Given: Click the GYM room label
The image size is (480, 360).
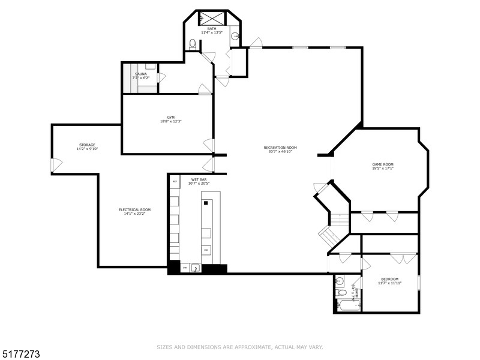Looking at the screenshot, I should tap(170, 117).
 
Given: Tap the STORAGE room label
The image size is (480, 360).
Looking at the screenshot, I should tap(87, 145).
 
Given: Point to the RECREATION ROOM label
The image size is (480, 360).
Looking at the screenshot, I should tap(280, 148).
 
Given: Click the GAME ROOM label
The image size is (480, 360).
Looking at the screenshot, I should tap(383, 164).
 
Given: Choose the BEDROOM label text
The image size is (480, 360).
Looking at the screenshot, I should tap(390, 278).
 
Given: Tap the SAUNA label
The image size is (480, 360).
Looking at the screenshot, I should tap(140, 74).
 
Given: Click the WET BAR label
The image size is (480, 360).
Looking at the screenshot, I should tap(199, 179).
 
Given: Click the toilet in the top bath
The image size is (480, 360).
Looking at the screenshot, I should tap(193, 43).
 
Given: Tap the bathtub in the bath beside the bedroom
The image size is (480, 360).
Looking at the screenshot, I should tap(347, 305).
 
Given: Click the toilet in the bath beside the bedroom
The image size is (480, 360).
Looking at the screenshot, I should tap(340, 293).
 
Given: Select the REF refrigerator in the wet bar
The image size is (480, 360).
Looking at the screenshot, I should tap(175, 181).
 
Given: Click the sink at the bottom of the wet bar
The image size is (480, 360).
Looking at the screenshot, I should tap(195, 268).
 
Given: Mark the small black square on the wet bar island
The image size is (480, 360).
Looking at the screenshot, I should tap(205, 203).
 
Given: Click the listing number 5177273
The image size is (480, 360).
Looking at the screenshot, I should tap(21, 355).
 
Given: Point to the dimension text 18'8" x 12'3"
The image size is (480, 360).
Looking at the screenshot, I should tap(170, 121).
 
